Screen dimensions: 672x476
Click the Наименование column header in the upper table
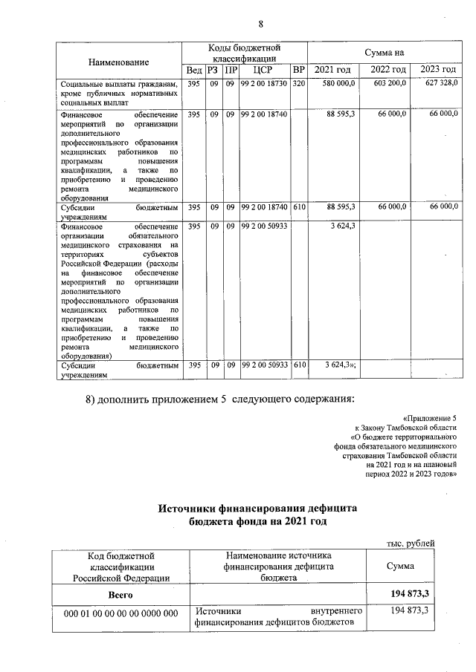(x=118, y=62)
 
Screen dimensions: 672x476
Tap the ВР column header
(x=299, y=70)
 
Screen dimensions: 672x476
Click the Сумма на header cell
(x=384, y=52)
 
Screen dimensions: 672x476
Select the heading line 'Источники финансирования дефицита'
(x=257, y=508)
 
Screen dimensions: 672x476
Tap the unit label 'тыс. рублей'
(x=411, y=543)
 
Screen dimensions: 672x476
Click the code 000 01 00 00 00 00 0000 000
(x=120, y=613)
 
